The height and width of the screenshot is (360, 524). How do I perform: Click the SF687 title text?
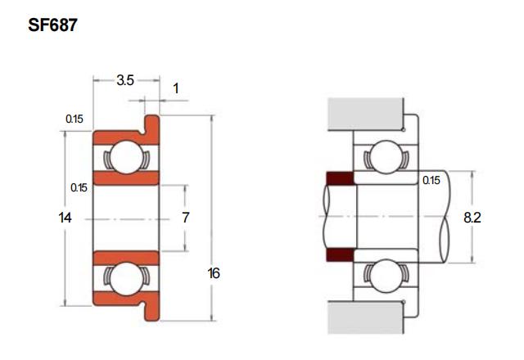coord(52,25)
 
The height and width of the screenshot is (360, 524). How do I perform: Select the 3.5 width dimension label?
coord(125,80)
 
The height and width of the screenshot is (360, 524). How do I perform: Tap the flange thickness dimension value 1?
coord(176,88)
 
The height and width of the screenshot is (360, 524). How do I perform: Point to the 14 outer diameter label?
coord(65,218)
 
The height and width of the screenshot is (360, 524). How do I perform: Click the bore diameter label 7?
coord(186,218)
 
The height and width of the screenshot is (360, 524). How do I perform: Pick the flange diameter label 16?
coord(214,273)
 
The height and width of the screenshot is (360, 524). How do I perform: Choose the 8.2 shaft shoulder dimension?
coord(472,218)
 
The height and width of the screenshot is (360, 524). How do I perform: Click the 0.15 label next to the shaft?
coord(431,180)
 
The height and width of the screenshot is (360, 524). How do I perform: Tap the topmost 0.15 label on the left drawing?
coord(75,119)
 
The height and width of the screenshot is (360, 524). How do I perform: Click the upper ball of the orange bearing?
coord(126,157)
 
